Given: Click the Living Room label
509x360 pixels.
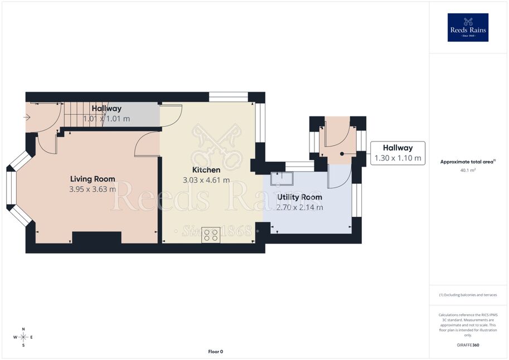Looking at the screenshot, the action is point(93,179).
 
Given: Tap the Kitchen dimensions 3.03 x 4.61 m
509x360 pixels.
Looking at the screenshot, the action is point(206,180).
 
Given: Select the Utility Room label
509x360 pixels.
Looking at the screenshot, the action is point(299,197).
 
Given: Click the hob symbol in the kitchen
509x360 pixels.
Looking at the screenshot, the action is point(211,235).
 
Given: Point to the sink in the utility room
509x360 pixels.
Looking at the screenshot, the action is point(282,178).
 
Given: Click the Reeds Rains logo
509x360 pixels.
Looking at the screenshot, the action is point(468,28).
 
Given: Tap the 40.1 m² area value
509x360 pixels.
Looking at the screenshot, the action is point(468,170).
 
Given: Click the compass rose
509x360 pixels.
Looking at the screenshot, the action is point(23,337).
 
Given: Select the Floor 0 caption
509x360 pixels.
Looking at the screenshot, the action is point(216,352).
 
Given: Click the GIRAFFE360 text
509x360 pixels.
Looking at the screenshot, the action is point(468,345).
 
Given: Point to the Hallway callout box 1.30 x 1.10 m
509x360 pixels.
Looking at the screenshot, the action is point(397,153).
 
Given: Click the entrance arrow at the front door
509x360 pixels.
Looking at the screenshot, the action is point(27,117).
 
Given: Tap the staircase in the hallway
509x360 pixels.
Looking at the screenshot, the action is point(83,115).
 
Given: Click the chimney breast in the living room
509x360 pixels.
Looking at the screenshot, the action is point(97,237).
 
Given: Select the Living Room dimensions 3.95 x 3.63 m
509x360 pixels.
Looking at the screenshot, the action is point(93,189).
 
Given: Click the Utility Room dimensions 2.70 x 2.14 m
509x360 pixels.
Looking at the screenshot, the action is point(299,207).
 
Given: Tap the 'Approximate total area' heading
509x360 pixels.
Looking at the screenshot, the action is point(468,162).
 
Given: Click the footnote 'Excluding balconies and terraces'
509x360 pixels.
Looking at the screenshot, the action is point(468,295).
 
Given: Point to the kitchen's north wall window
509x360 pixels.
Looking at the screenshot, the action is point(229,97).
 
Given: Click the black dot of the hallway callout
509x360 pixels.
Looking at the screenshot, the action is point(342,154).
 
